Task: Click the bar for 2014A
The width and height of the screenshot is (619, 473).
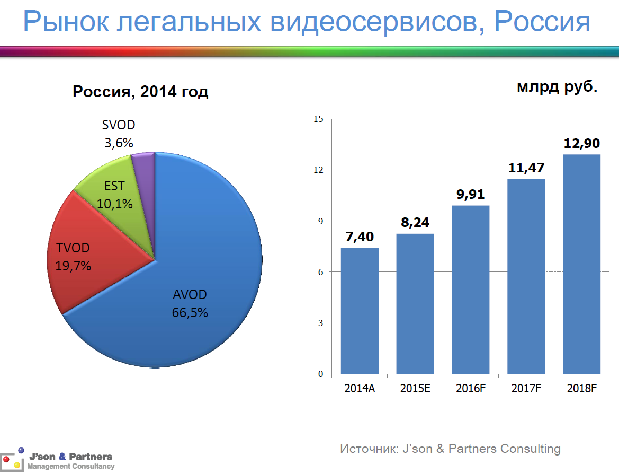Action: point(360,311)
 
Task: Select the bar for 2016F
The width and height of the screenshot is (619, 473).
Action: point(471,290)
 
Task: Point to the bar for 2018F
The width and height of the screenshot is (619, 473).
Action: point(581,264)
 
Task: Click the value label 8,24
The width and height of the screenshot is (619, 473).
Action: point(415,223)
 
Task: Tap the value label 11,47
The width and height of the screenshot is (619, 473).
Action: point(526,168)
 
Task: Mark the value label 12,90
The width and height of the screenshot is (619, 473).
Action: point(581,143)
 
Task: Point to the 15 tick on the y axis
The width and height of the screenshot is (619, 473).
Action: point(318,119)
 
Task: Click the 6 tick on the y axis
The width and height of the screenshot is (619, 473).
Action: point(320,272)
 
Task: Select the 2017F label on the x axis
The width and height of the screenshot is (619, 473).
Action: point(526,388)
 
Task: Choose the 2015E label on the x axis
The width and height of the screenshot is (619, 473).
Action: point(415,388)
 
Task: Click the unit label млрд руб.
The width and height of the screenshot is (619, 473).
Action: point(557,86)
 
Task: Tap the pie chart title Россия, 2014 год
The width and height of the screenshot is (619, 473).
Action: point(140,91)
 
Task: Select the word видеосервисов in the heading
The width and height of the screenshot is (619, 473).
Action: point(378,22)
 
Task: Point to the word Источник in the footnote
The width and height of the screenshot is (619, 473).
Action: point(369,449)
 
